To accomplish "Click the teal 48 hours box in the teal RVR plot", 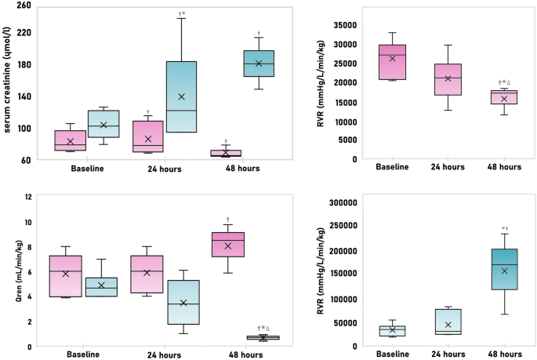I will coord(504,269).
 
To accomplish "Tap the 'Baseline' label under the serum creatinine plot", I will coord(88,169).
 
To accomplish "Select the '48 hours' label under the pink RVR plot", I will coord(504,167).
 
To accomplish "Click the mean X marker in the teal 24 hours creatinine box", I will coord(181,96).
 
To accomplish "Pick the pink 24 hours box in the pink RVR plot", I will coord(448,79).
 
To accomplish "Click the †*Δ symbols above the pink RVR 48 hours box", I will coord(504,82).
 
